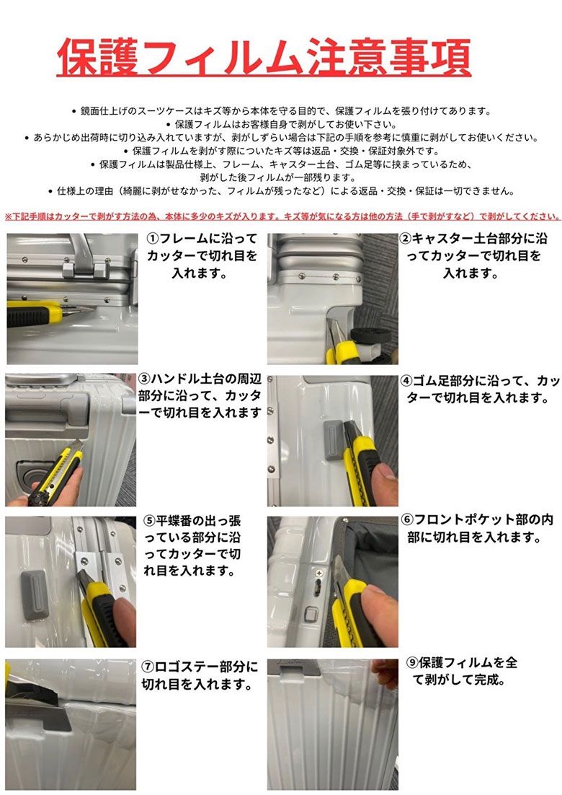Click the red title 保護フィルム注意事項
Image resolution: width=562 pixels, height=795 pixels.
(x=264, y=58)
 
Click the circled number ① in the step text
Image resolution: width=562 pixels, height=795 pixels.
(x=153, y=238)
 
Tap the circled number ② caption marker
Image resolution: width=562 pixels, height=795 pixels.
(x=406, y=238)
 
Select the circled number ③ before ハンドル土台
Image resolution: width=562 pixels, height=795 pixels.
(x=145, y=379)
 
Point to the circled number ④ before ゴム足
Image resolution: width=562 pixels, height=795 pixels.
(x=406, y=381)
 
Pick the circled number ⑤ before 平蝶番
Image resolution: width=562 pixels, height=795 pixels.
(x=149, y=521)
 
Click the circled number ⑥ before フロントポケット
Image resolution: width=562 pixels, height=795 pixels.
(x=408, y=520)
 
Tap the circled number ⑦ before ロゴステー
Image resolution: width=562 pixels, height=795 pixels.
(x=148, y=667)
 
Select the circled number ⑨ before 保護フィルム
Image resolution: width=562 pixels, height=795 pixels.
(x=413, y=663)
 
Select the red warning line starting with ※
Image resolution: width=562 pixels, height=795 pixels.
(x=282, y=216)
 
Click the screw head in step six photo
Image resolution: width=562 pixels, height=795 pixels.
(x=319, y=574)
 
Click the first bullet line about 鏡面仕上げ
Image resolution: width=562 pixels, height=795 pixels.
(x=281, y=110)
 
